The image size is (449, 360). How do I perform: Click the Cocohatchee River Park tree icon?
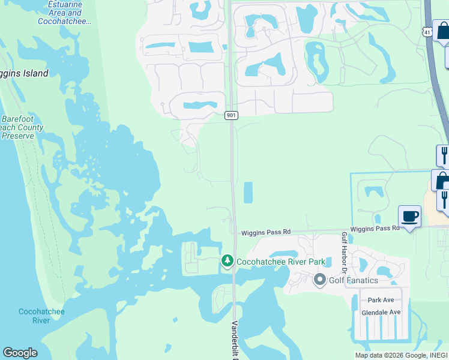click(x=227, y=261)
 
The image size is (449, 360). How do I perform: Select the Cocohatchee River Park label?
click(x=281, y=262)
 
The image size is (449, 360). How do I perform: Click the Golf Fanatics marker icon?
click(x=319, y=280)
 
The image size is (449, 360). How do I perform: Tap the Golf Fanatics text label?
click(x=353, y=280)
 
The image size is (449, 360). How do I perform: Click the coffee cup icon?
click(x=409, y=217)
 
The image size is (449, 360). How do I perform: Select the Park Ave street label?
click(x=381, y=300)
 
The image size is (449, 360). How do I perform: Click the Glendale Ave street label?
click(x=381, y=313)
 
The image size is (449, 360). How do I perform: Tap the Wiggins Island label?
click(x=24, y=74)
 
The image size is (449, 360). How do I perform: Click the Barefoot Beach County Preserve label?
click(x=22, y=127)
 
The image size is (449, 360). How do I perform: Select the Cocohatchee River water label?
click(x=34, y=316)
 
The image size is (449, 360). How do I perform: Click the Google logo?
click(x=20, y=353)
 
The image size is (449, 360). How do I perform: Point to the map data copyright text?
click(x=401, y=355)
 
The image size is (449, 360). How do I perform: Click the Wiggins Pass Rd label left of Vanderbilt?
click(x=265, y=232)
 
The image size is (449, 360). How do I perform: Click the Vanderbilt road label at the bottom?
click(x=235, y=339)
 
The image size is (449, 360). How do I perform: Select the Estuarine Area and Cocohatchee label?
click(x=61, y=13)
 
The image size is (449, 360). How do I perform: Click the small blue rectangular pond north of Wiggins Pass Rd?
click(x=248, y=192)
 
